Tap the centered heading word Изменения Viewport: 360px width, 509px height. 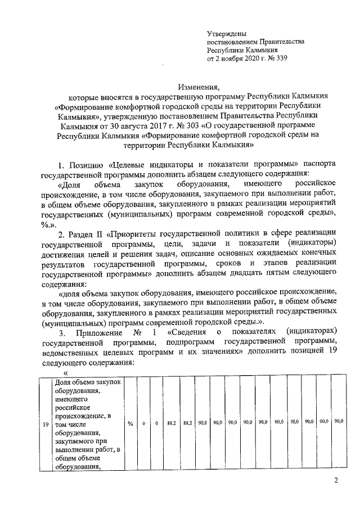click(x=199, y=87)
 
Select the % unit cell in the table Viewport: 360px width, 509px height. click(x=129, y=423)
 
